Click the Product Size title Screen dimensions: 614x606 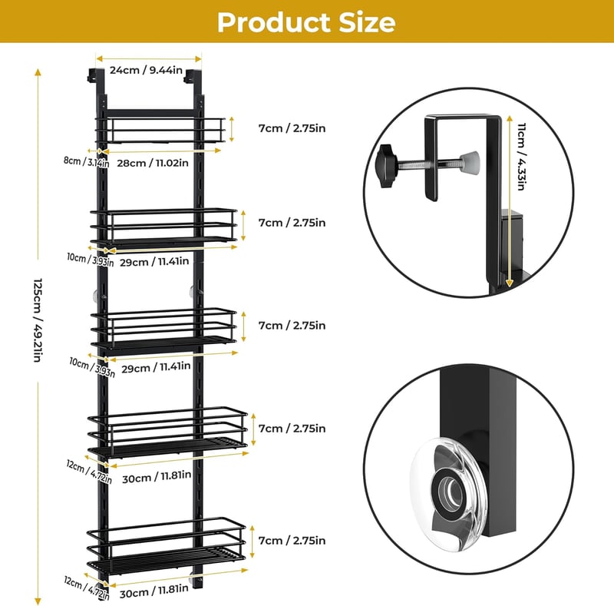pos(306,22)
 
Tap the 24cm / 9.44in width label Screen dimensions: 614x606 pos(146,70)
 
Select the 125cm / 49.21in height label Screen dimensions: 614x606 pos(38,320)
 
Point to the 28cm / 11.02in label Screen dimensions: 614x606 pos(153,163)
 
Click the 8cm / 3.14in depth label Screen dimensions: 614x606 pos(86,161)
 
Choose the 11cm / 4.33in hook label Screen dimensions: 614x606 pos(521,157)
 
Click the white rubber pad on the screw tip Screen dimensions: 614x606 pos(469,161)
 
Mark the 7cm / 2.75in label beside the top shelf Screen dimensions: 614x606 pos(292,128)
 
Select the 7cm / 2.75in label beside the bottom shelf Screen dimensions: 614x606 pos(292,541)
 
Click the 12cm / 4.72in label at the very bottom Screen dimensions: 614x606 pos(87,588)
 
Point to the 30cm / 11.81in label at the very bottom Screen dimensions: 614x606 pos(154,591)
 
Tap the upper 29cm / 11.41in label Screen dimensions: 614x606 pos(154,261)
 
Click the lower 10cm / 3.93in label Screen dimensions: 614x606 pos(92,367)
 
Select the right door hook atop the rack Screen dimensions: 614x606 pos(193,77)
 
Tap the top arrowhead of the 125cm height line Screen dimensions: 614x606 pos(38,72)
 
